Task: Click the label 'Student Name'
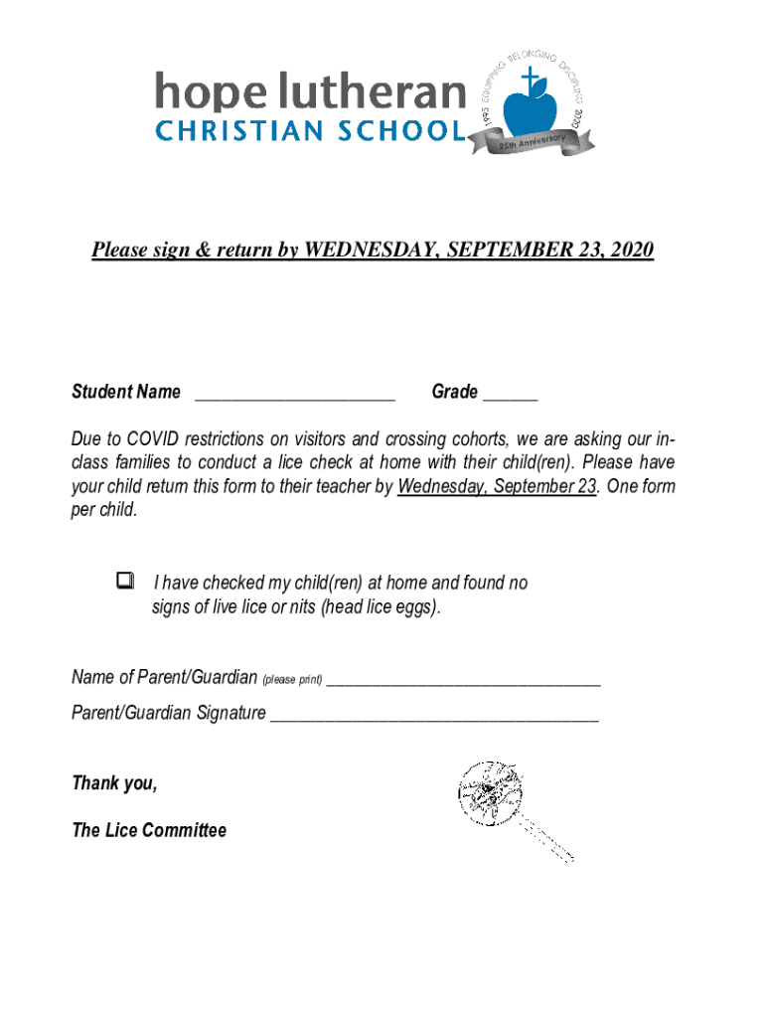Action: pos(126,392)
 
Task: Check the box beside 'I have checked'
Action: pos(124,582)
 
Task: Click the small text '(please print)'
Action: pos(292,680)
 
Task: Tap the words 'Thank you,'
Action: pos(114,782)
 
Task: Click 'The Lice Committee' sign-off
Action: pos(149,830)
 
